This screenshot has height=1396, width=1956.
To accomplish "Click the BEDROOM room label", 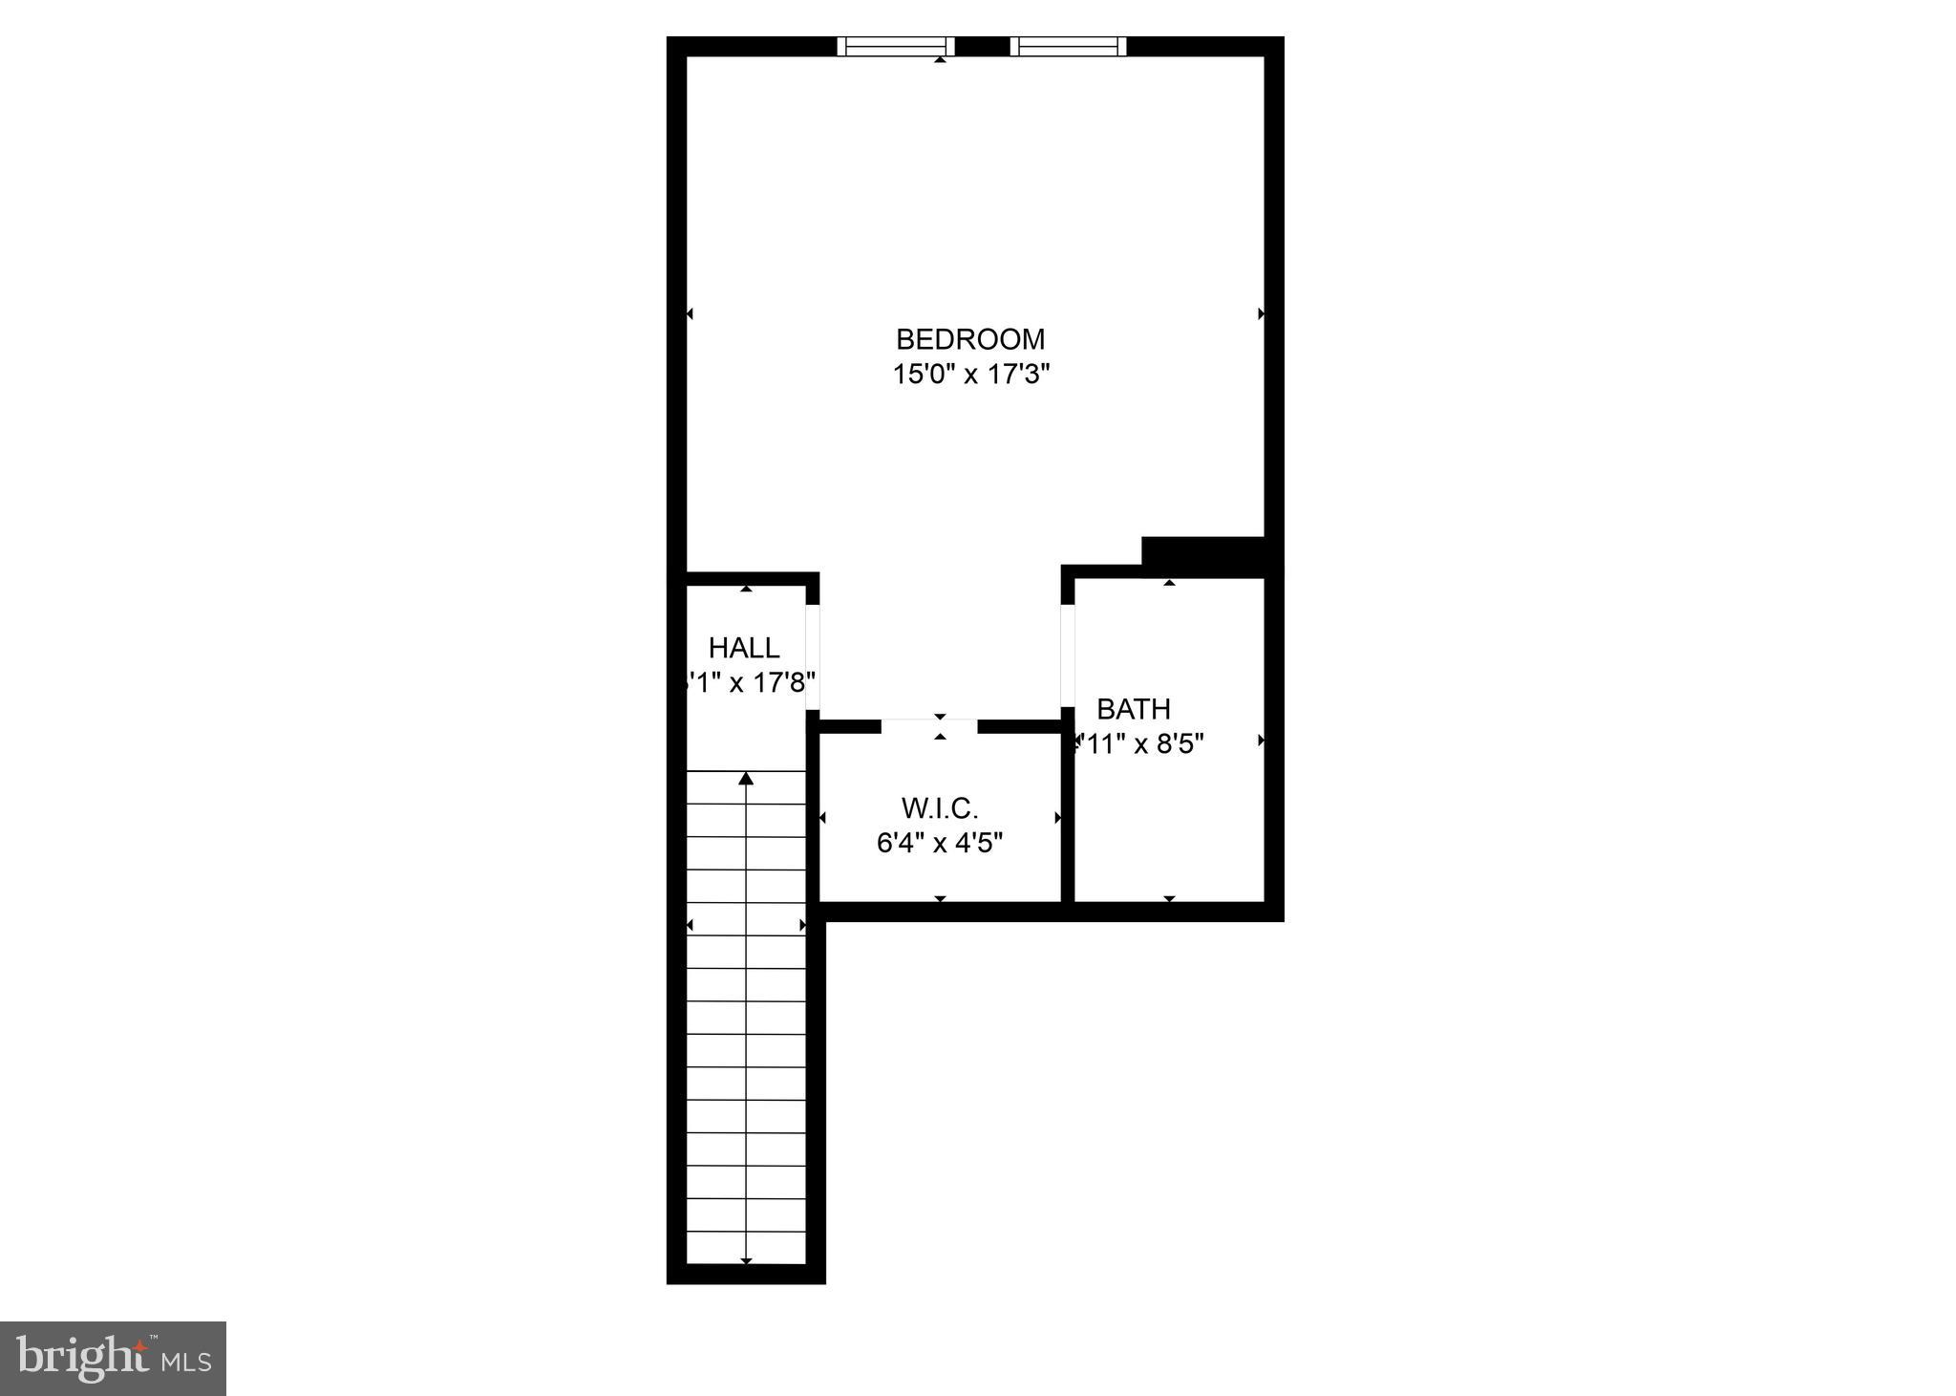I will point(970,339).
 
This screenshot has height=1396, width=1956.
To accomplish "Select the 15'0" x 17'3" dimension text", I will point(970,374).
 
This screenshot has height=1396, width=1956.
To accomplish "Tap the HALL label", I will point(744,648).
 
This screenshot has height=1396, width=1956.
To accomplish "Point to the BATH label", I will point(1134,709).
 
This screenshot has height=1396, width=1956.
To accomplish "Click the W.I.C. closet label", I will point(940,809).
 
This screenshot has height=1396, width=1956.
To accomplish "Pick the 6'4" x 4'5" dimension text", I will point(940,843).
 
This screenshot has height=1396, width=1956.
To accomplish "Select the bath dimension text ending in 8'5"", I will point(1138,743).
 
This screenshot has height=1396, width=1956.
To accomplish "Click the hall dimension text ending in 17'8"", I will point(750,682).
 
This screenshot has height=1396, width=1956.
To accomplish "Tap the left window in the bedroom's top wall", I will point(896,46).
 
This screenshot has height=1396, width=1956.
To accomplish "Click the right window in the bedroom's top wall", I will point(1069,46).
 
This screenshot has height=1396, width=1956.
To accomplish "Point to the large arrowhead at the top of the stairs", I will point(746,779).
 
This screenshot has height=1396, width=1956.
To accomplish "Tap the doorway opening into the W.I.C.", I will point(929,725).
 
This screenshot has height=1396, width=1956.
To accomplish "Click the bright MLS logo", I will point(113,1359).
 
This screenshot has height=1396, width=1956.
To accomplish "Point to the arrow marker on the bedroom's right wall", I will point(1262,313).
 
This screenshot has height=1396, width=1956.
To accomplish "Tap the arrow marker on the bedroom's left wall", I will point(690,313).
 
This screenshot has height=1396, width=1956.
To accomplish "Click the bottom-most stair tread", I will point(746,1246).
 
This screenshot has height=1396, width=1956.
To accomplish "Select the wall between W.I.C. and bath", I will point(1068,812).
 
